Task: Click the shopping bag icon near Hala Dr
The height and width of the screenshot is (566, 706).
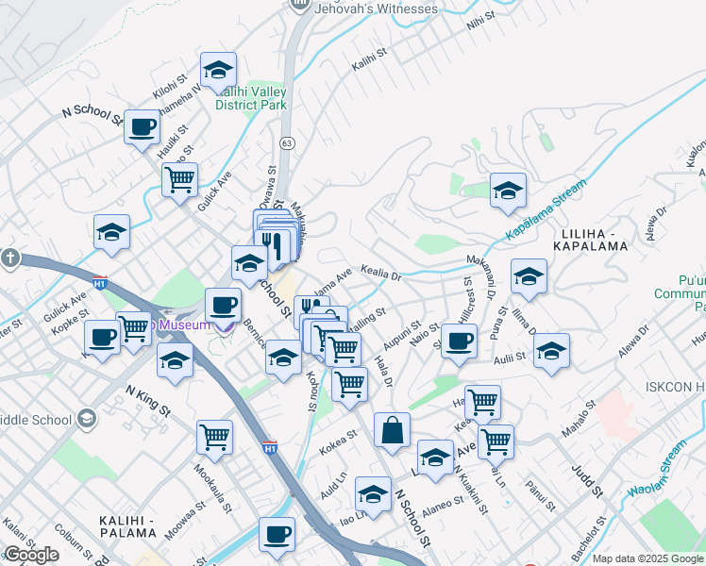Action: (392, 430)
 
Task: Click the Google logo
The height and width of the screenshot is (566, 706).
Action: (31, 555)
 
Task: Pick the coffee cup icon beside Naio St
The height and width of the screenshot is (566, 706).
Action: (459, 341)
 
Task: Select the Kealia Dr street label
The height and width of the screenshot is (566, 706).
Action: (381, 273)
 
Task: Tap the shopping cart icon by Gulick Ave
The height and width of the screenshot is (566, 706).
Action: (178, 177)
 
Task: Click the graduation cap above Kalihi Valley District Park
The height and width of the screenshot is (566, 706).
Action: (218, 70)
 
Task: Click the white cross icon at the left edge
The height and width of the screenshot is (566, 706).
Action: (9, 258)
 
